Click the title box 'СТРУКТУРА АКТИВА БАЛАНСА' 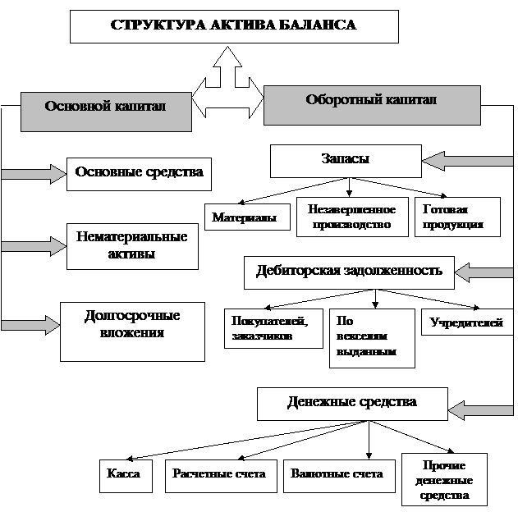click(x=234, y=25)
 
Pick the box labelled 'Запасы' click(x=346, y=160)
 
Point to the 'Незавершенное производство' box click(x=351, y=217)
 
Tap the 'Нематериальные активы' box click(x=132, y=245)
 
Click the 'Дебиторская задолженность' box click(x=349, y=272)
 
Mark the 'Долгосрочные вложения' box click(x=132, y=331)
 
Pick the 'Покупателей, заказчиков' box click(x=273, y=327)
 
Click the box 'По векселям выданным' click(x=371, y=337)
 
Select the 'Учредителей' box click(x=466, y=322)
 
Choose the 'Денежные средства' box click(x=352, y=403)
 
